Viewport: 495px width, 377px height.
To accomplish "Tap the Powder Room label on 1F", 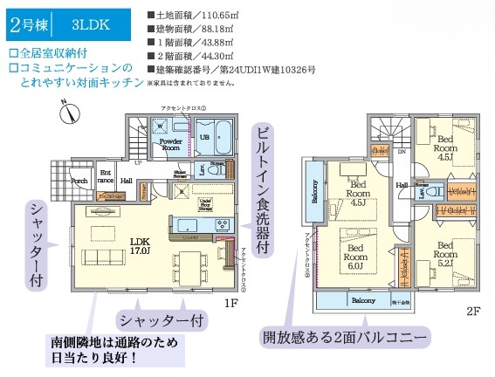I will pos(169,145).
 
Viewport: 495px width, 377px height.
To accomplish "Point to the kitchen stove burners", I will pos(221,225).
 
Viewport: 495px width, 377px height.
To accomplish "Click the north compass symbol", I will pos(70,111).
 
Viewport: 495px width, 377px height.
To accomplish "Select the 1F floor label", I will pos(230,303).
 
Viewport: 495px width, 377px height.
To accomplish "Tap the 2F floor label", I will pos(472,309).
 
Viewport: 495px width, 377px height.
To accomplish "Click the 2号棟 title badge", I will pos(26,24).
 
